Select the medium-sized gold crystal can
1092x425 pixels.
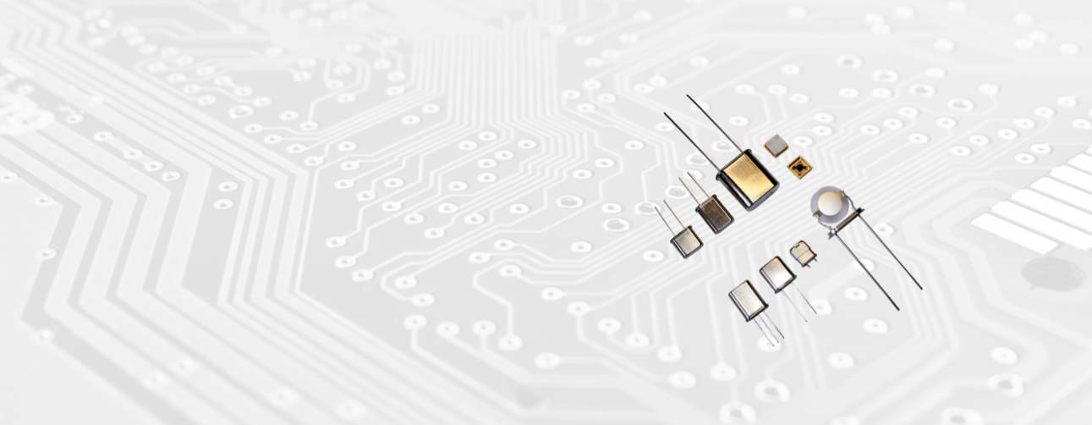tap(715, 213)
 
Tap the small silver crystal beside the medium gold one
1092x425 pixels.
tap(686, 241)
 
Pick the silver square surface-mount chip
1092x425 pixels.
tap(776, 146)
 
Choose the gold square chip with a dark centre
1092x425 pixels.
tap(799, 166)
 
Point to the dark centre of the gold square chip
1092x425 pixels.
tap(799, 167)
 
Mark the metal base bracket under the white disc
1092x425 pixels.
tap(846, 222)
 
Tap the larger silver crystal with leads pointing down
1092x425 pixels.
tap(748, 300)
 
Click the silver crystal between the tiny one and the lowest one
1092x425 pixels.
tap(776, 273)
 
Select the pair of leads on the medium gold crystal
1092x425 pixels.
tap(693, 188)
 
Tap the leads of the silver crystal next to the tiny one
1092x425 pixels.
tap(801, 304)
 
